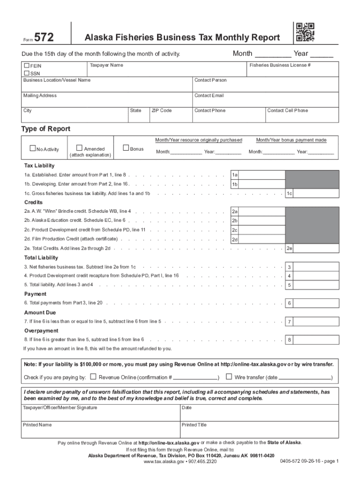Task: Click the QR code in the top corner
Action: click(x=305, y=32)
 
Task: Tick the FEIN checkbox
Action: click(x=27, y=66)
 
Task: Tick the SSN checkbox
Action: click(x=27, y=73)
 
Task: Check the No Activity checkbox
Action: click(x=33, y=149)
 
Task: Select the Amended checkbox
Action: click(x=79, y=148)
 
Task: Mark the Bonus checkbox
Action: click(x=125, y=148)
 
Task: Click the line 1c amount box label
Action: click(x=289, y=193)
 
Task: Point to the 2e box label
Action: click(x=289, y=248)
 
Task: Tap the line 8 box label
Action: click(x=289, y=340)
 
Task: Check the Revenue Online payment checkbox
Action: click(x=93, y=377)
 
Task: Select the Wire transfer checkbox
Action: click(x=229, y=377)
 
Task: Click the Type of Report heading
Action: click(x=46, y=129)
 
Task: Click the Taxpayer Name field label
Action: click(x=107, y=65)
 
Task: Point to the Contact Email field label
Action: click(x=209, y=95)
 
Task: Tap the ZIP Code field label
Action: click(x=161, y=110)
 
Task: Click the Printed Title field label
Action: click(x=194, y=425)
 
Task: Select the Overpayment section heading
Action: click(x=41, y=331)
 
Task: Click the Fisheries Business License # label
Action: click(x=280, y=65)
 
